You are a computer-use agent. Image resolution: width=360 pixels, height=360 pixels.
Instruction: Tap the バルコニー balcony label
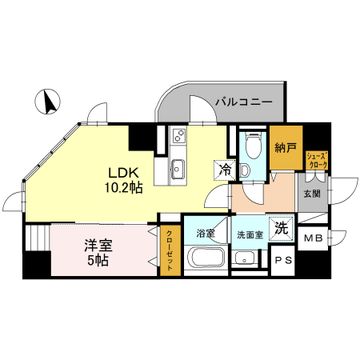coord(243,103)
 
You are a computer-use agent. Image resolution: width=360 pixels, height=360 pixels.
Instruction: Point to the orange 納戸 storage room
coord(285,148)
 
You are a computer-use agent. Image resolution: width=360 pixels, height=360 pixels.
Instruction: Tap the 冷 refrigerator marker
coord(225,170)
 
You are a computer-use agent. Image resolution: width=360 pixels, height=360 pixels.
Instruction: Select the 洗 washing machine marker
coord(280,227)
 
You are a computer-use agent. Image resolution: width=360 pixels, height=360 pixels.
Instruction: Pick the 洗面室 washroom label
coord(250,234)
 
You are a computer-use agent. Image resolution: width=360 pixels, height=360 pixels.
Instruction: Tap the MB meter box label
coord(314,238)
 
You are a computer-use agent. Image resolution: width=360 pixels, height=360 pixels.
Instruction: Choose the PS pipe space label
coord(282,261)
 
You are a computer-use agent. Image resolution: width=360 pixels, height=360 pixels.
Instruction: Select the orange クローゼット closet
coord(170,250)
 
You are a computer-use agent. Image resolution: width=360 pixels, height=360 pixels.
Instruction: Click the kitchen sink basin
coord(177,169)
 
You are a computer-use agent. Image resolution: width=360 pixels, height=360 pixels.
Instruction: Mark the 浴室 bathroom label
coord(206,234)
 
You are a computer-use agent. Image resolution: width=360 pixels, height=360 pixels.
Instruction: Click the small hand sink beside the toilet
coord(246,170)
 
